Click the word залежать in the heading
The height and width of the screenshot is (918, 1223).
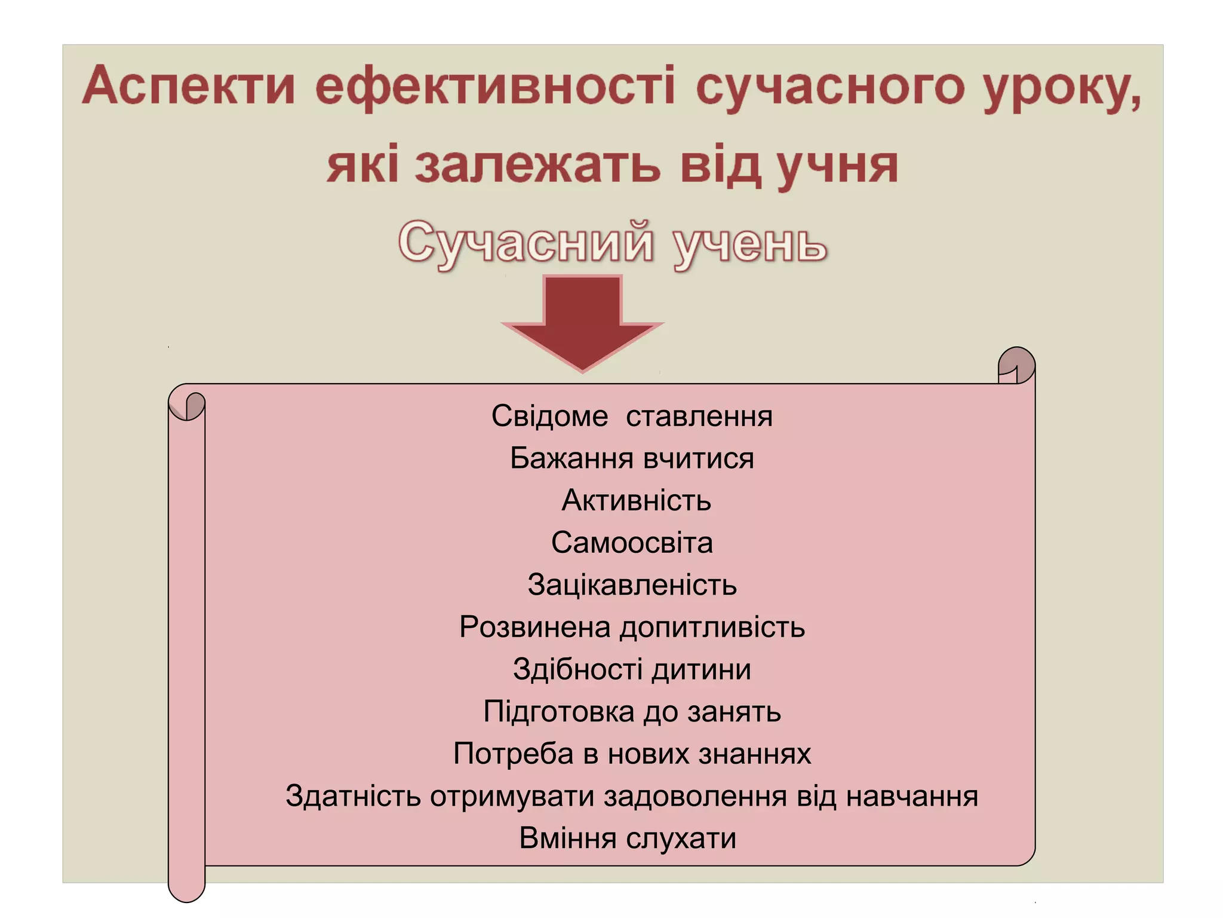click(538, 166)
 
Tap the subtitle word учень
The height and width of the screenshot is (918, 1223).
click(750, 244)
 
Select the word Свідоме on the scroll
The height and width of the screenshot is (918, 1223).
click(549, 416)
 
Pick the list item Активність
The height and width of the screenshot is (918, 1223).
click(637, 500)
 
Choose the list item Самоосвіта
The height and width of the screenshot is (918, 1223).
click(632, 543)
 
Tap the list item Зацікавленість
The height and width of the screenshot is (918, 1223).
click(632, 585)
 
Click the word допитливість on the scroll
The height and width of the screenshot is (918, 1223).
click(712, 628)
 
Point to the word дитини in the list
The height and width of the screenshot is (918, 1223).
click(701, 669)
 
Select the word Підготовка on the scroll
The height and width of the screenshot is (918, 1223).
click(559, 712)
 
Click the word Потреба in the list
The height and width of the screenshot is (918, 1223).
click(513, 754)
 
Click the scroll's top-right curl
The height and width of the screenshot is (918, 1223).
click(1016, 365)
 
